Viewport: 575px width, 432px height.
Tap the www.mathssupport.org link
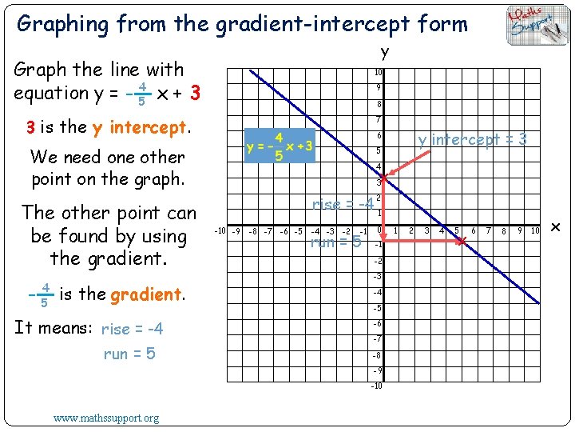click(x=106, y=418)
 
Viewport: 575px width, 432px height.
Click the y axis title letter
click(x=385, y=53)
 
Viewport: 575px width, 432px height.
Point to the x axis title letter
click(x=557, y=230)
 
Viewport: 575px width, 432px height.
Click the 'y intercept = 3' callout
click(x=472, y=139)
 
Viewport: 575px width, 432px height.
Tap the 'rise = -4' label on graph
click(x=343, y=204)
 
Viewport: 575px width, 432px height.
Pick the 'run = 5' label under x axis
click(x=335, y=242)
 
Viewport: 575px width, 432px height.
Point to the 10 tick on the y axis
click(x=379, y=73)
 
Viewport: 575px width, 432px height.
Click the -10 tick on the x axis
click(x=220, y=232)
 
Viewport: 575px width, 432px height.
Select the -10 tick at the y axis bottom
click(x=376, y=386)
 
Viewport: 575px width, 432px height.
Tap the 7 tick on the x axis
click(x=488, y=232)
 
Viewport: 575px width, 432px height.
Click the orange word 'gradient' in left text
click(x=146, y=294)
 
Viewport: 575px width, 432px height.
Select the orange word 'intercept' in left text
click(x=147, y=127)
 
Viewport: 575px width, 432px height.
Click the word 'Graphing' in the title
click(x=62, y=24)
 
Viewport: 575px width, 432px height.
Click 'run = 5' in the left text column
click(x=129, y=354)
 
